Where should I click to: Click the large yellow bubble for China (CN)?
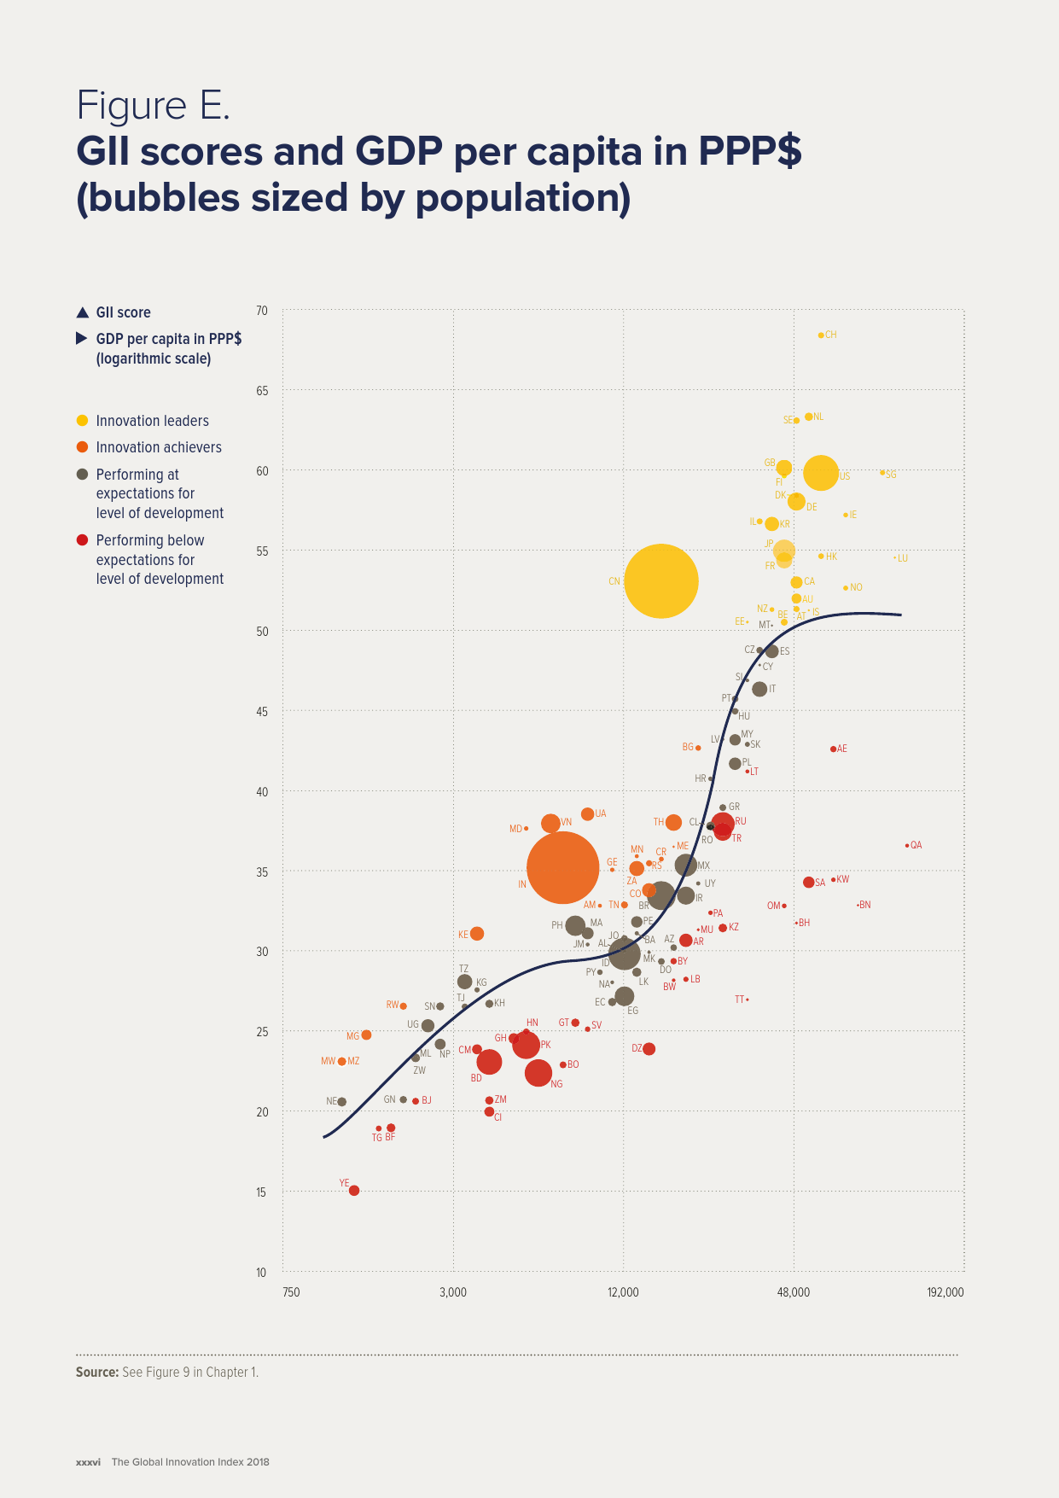[x=661, y=581]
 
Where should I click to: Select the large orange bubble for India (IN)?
[x=563, y=867]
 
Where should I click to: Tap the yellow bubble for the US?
[x=821, y=473]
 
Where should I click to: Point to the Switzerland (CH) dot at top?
[x=821, y=335]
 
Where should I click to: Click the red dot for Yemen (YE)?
[x=354, y=1191]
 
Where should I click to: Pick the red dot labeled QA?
[x=907, y=845]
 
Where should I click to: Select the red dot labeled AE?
[x=834, y=749]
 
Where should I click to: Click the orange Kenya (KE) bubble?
[x=477, y=934]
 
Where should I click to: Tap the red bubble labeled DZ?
[x=649, y=1049]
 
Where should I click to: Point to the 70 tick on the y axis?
[x=262, y=311]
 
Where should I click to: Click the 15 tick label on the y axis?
[x=262, y=1192]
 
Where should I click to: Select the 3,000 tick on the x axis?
[x=453, y=1292]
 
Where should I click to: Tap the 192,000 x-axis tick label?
[x=946, y=1292]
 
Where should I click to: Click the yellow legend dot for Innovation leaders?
[x=82, y=421]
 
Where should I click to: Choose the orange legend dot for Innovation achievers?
[x=82, y=447]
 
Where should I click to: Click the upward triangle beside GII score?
[x=82, y=312]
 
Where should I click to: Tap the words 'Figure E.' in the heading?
[x=154, y=106]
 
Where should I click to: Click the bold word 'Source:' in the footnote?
[x=97, y=1373]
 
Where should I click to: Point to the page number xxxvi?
[x=88, y=1462]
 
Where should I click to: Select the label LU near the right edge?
[x=903, y=558]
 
